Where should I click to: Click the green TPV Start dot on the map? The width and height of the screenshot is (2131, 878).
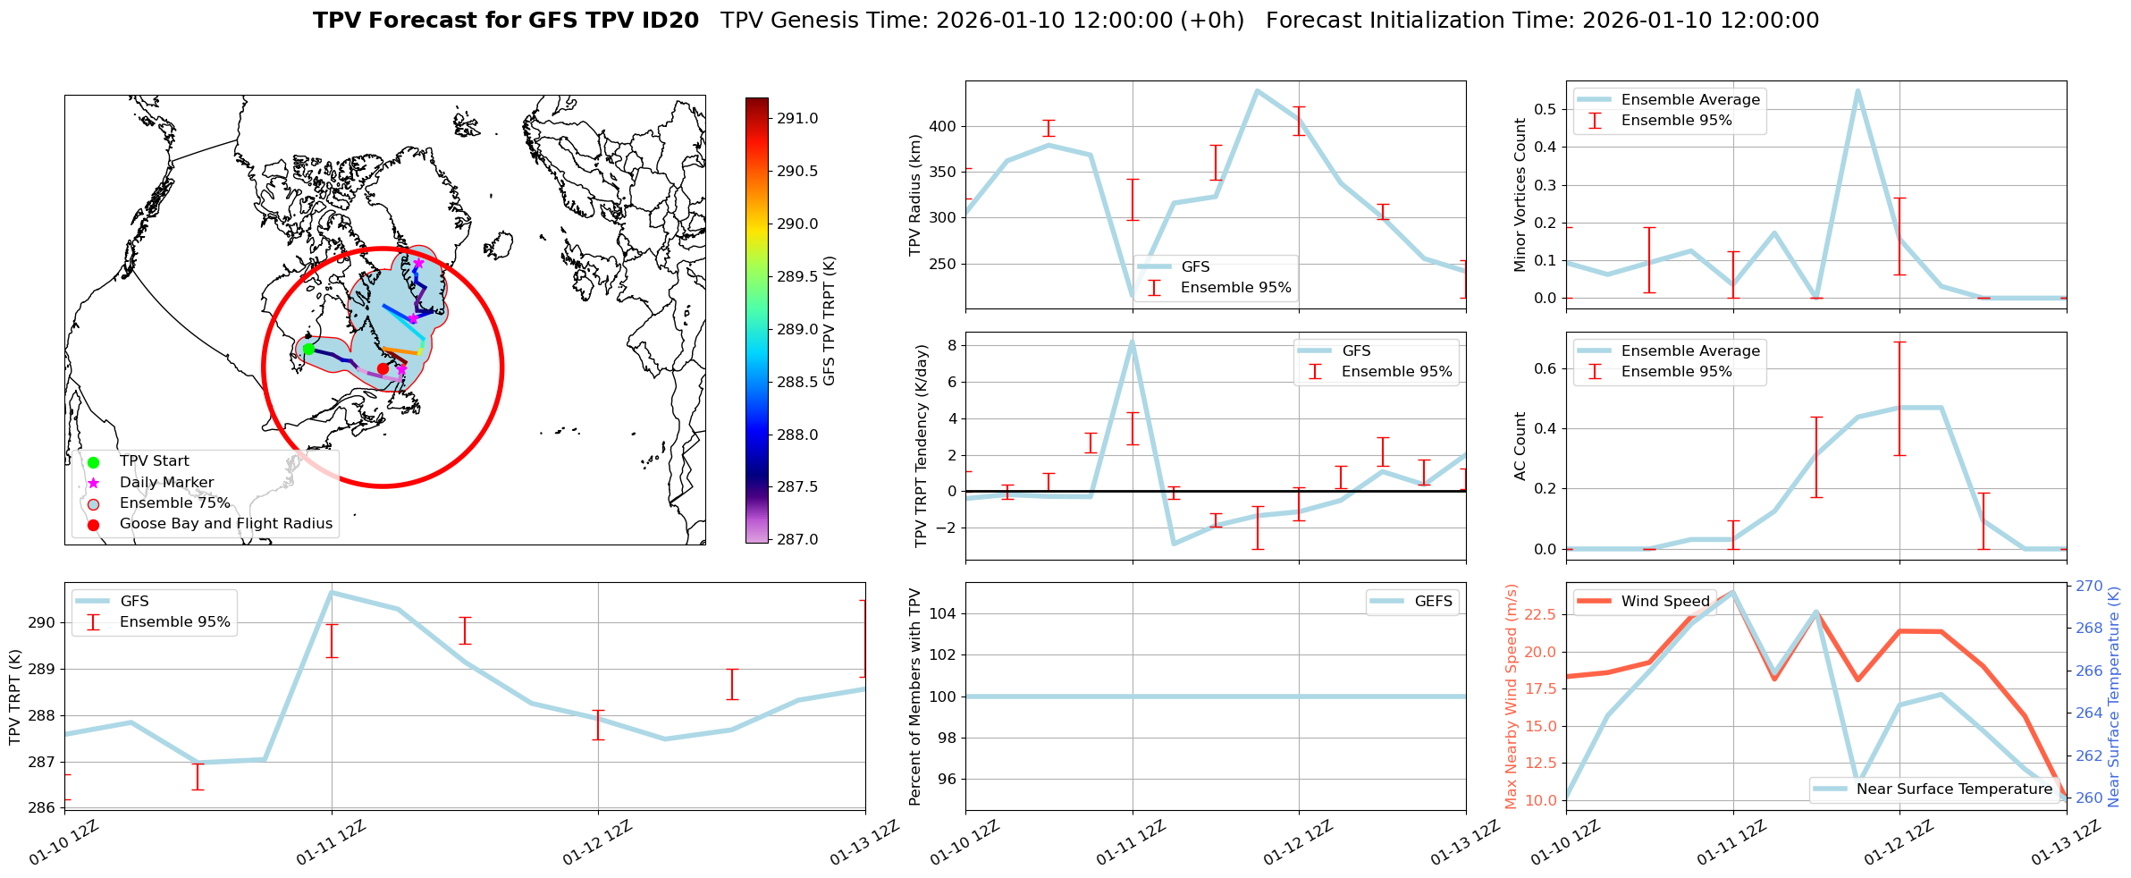pyautogui.click(x=308, y=349)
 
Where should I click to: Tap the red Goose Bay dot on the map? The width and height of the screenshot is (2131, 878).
pyautogui.click(x=383, y=368)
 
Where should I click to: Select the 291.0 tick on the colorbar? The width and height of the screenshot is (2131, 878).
pyautogui.click(x=796, y=118)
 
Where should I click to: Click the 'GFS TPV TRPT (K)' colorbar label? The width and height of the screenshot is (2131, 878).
pyautogui.click(x=830, y=320)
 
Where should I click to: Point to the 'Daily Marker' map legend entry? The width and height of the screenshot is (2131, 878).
pyautogui.click(x=166, y=483)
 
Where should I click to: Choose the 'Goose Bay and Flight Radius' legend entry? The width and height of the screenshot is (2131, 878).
pyautogui.click(x=225, y=524)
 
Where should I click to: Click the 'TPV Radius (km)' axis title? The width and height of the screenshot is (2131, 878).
pyautogui.click(x=914, y=195)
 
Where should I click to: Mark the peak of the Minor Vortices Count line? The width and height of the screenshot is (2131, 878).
pyautogui.click(x=1857, y=90)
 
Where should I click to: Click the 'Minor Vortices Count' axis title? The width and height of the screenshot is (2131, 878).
pyautogui.click(x=1520, y=195)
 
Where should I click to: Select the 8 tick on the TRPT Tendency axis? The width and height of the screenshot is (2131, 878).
pyautogui.click(x=952, y=345)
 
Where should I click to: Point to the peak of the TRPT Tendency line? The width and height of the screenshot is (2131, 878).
pyautogui.click(x=1132, y=342)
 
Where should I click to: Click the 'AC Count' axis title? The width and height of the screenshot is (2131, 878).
pyautogui.click(x=1520, y=445)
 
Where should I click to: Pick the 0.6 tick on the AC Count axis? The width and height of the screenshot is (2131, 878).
pyautogui.click(x=1546, y=368)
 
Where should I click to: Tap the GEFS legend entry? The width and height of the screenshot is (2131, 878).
pyautogui.click(x=1433, y=602)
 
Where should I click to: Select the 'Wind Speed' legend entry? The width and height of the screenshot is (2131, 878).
pyautogui.click(x=1665, y=602)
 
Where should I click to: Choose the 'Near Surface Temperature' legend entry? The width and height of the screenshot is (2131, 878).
pyautogui.click(x=1954, y=789)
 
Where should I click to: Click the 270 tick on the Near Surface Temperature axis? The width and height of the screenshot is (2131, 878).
pyautogui.click(x=2090, y=587)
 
